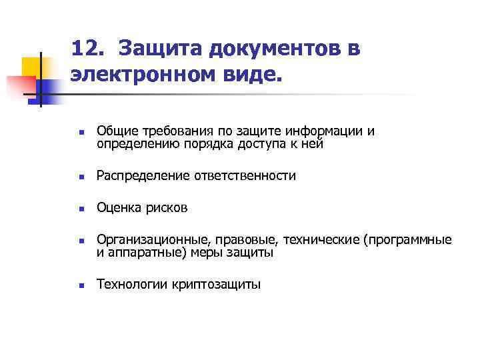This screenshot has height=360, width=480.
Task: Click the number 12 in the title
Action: [85, 49]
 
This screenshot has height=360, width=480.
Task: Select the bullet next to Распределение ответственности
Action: [79, 177]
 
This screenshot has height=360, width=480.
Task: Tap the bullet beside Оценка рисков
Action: [79, 209]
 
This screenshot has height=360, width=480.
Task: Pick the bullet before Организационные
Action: [79, 241]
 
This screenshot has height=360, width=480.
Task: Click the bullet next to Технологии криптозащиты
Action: [79, 286]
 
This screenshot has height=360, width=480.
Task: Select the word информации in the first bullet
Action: [327, 130]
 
